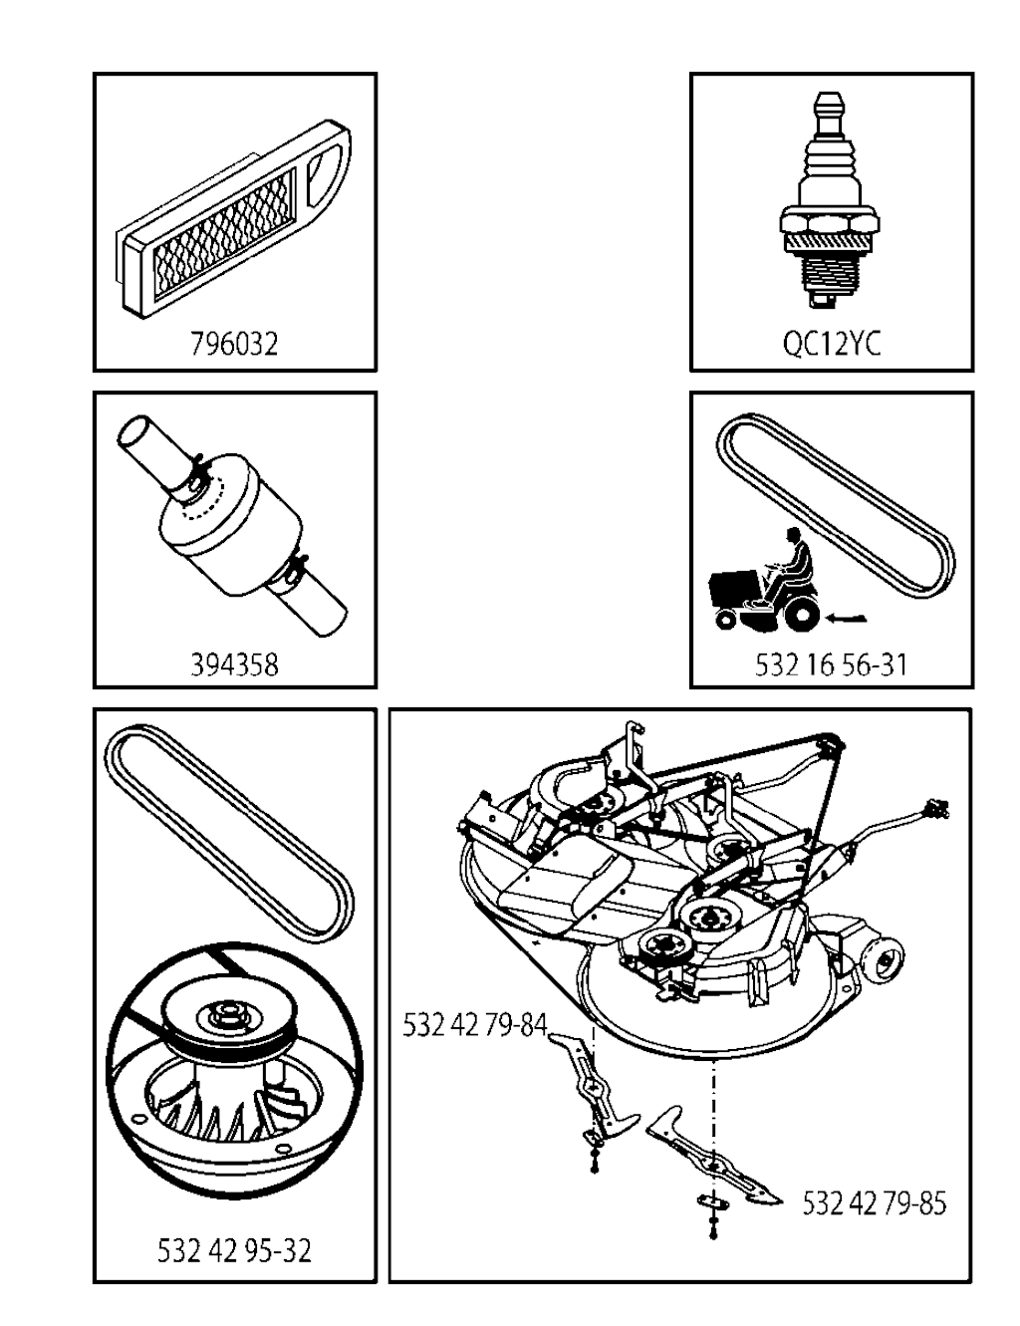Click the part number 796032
[x=235, y=344]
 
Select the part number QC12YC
[x=832, y=344]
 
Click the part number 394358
[x=235, y=664]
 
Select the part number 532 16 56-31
[x=831, y=664]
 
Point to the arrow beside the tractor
[x=845, y=619]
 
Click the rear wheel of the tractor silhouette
[x=802, y=615]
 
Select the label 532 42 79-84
[x=475, y=1025]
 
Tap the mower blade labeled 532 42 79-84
[x=593, y=1085]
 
